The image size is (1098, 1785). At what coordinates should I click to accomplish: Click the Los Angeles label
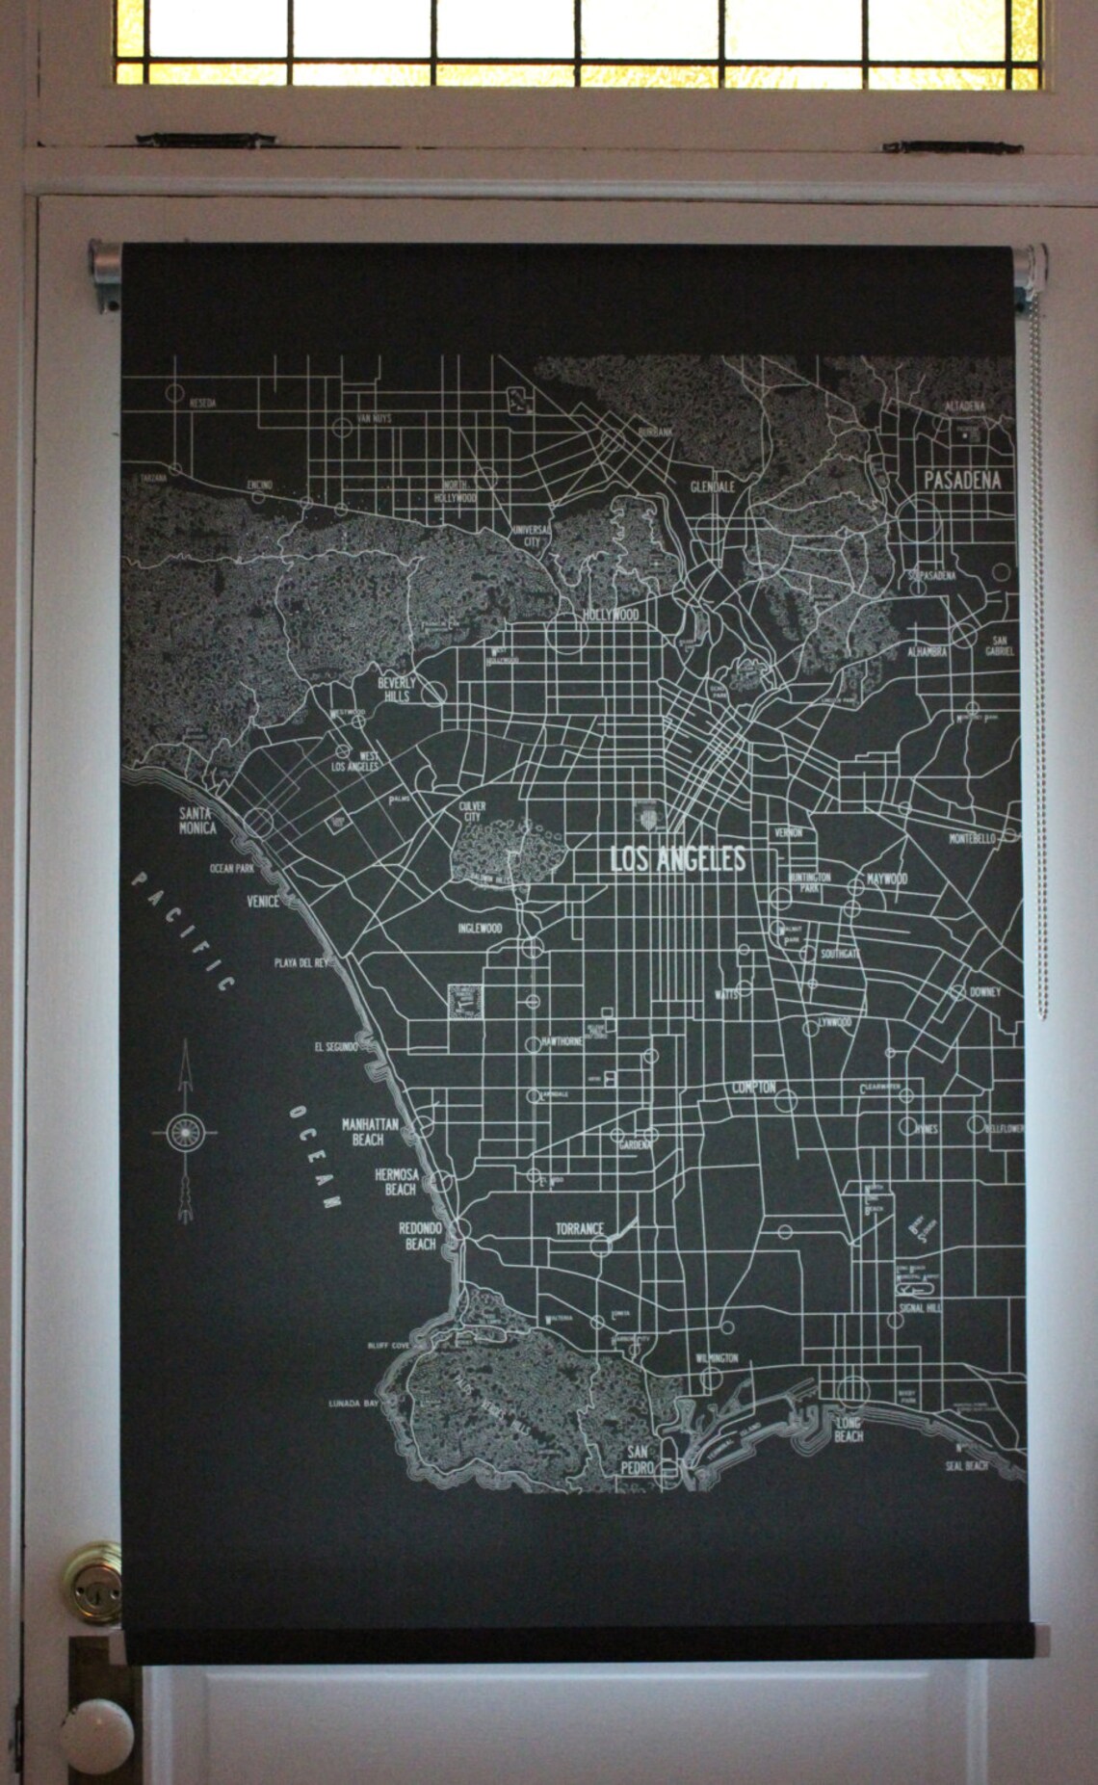678,858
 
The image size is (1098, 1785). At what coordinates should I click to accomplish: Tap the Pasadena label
961,479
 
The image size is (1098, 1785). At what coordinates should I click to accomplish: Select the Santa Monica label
196,820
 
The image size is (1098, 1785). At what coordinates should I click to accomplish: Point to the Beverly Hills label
397,689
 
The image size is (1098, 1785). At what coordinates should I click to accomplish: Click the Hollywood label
611,614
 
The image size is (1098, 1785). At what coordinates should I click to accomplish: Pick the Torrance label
579,1229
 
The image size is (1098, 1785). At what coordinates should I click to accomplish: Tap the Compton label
753,1087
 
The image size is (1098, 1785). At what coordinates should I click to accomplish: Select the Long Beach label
849,1430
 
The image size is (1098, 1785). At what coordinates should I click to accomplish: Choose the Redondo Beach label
420,1236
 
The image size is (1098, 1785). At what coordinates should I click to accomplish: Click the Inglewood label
480,929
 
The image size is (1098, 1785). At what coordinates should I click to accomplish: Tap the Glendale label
712,486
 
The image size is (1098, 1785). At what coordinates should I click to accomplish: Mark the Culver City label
472,811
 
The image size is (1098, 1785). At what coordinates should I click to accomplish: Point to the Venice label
262,902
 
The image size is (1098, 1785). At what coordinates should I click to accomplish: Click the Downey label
985,991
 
